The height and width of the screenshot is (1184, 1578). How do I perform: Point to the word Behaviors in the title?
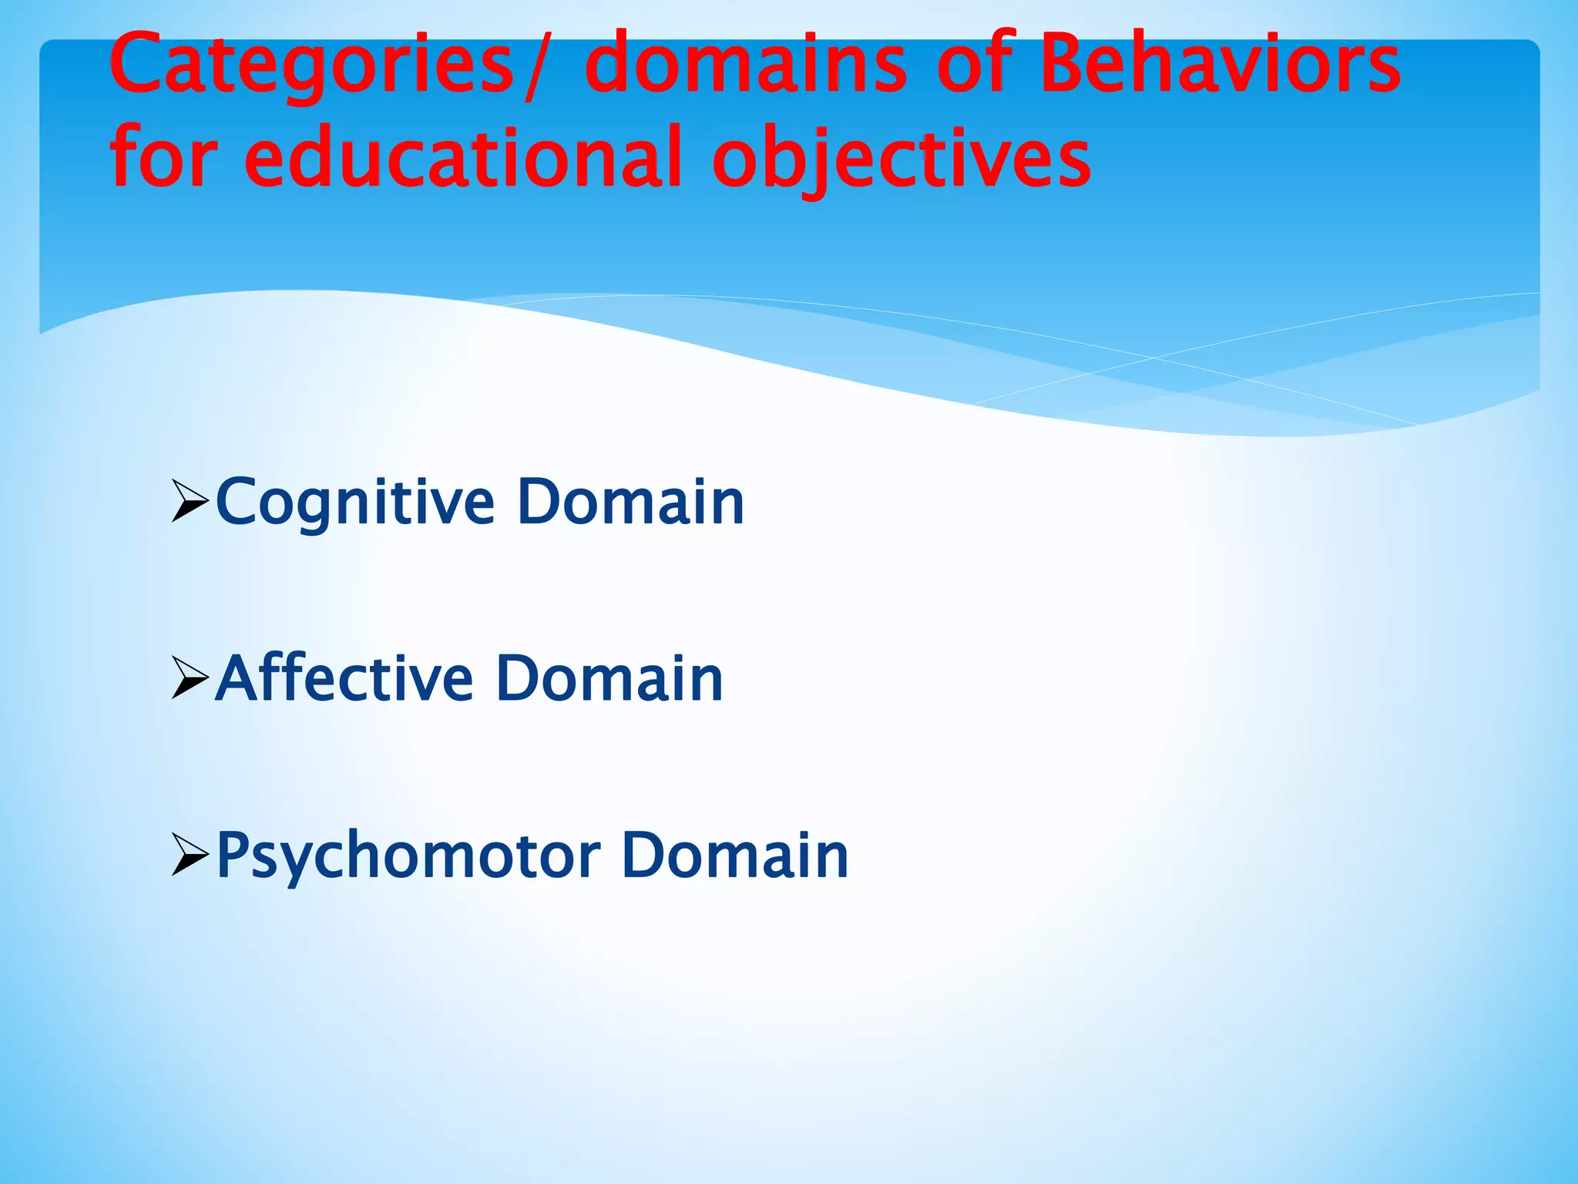click(x=1220, y=65)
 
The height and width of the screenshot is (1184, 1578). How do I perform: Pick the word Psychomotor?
click(x=408, y=857)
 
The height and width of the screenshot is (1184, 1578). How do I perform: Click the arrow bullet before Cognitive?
click(x=190, y=502)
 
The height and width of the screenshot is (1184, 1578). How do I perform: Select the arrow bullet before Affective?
click(x=190, y=678)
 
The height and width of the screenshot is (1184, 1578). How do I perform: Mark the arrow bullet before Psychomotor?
click(x=190, y=855)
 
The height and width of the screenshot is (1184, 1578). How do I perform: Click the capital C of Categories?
click(x=136, y=63)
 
